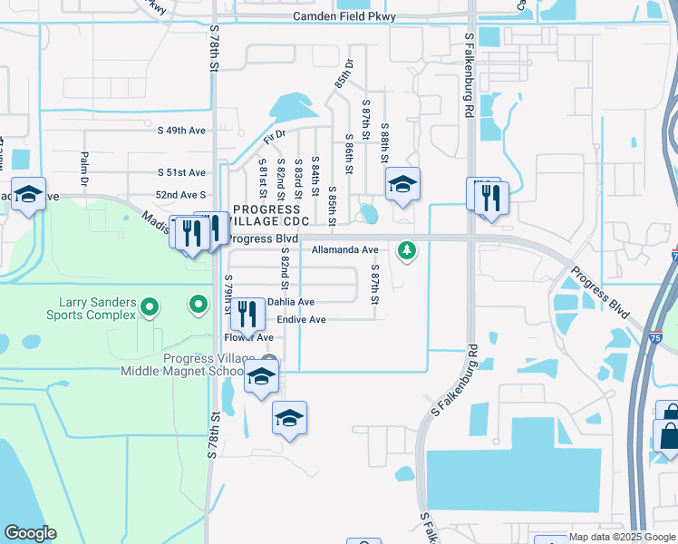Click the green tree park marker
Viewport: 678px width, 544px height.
click(408, 249)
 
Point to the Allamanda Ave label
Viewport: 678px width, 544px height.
click(344, 249)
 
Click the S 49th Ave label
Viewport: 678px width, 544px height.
click(181, 131)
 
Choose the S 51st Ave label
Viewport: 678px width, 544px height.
click(181, 172)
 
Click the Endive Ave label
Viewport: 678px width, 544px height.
click(301, 320)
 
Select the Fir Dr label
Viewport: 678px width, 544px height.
click(274, 137)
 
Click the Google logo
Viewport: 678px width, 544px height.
click(30, 533)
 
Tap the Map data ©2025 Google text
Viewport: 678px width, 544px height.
click(622, 537)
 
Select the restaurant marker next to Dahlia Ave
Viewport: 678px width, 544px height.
click(247, 314)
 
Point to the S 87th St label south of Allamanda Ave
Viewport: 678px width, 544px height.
click(373, 285)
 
